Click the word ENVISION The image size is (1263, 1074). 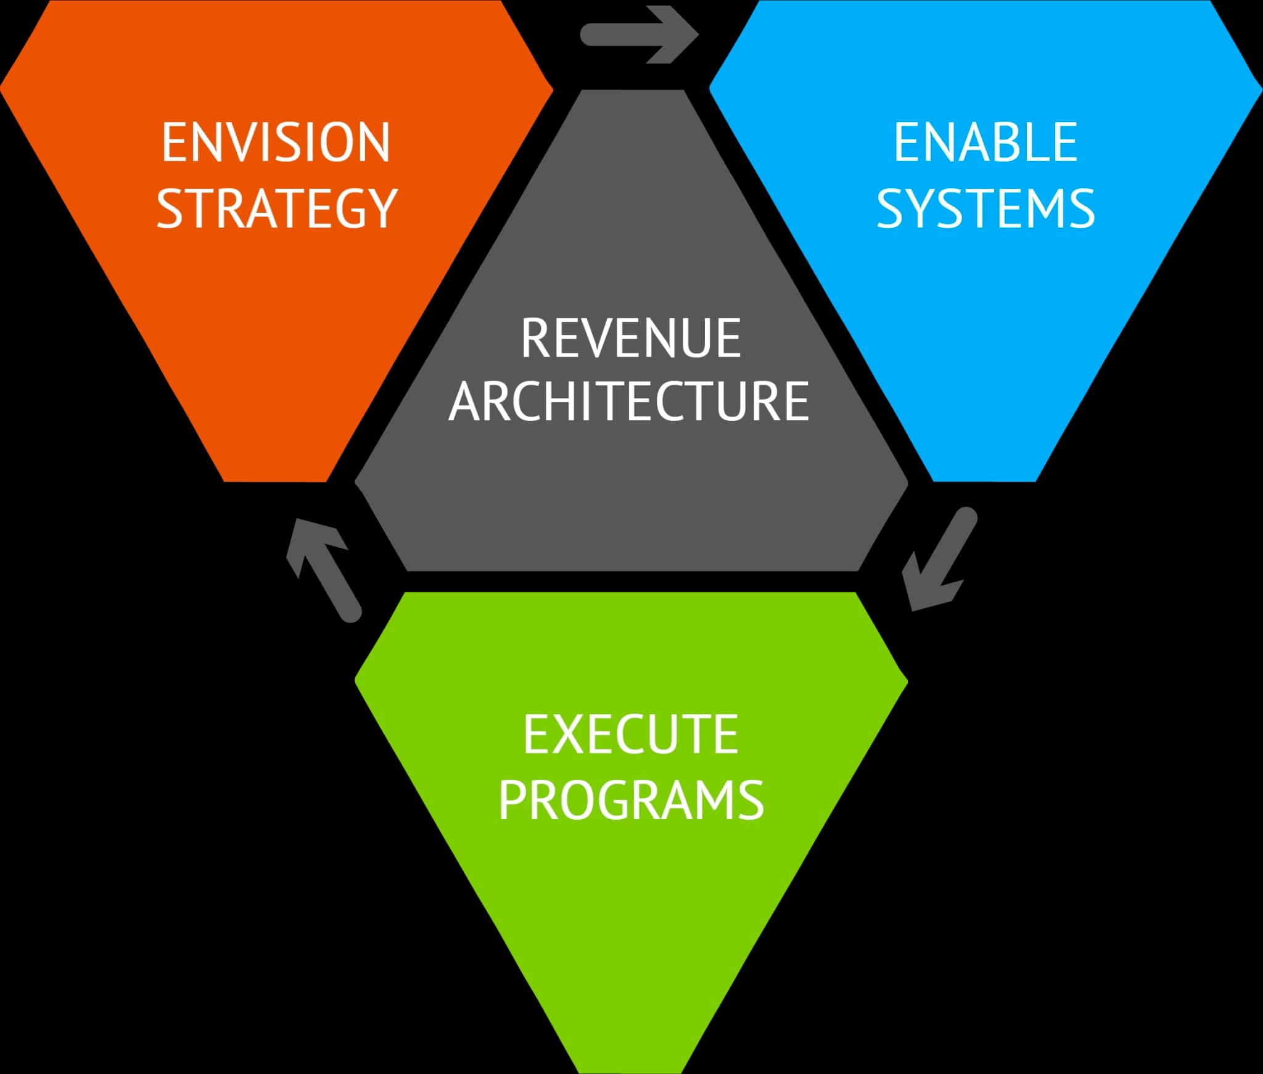[x=276, y=143]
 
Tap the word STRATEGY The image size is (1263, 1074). [x=276, y=209]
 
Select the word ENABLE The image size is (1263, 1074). [x=985, y=143]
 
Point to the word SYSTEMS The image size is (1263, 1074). [x=985, y=209]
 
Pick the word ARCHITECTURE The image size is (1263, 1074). [x=629, y=401]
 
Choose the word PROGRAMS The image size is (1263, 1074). [x=631, y=799]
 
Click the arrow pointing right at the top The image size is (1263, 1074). [x=639, y=35]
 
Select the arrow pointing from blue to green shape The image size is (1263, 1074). [x=939, y=559]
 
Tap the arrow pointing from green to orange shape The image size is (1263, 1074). [x=324, y=570]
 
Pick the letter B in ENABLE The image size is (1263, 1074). [x=1013, y=143]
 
